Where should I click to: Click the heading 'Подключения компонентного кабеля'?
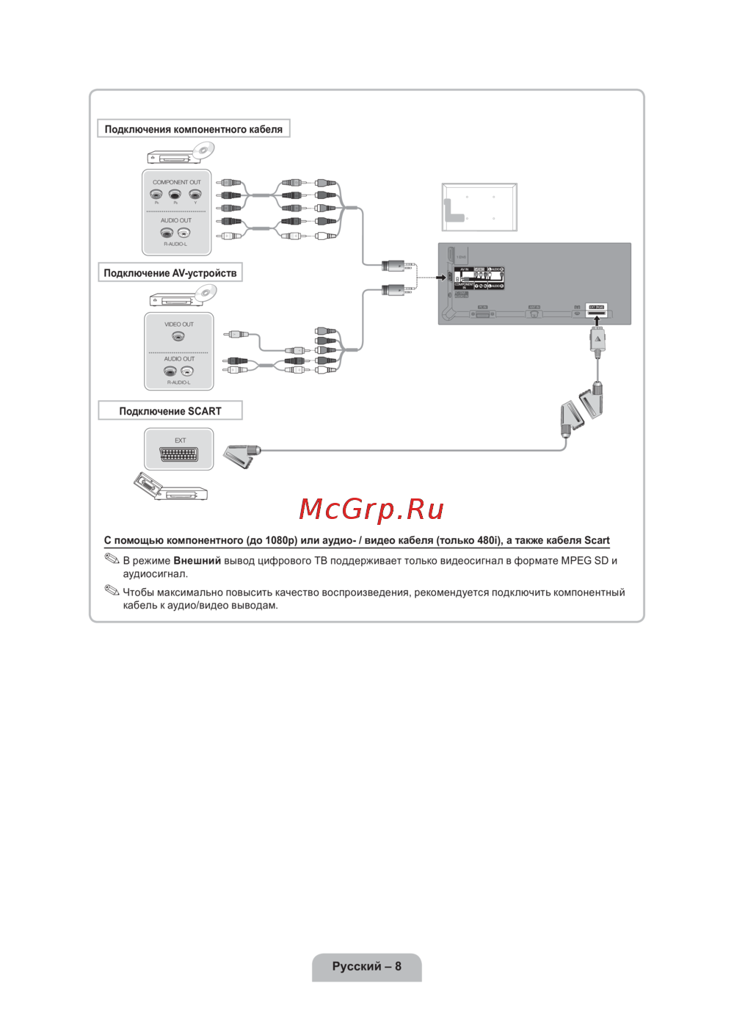coord(193,129)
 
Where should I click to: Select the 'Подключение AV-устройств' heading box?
coord(170,273)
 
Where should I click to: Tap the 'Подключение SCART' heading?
coord(170,411)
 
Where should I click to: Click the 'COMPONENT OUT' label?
coord(176,182)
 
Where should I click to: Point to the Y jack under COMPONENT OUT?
coord(195,195)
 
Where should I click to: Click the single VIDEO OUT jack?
coord(178,336)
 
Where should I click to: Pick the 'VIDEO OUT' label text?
coord(179,324)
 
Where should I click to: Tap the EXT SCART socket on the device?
coord(179,454)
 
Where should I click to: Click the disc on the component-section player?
coord(203,150)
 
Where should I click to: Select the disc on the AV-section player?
coord(206,293)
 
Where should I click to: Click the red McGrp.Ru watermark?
coord(371,509)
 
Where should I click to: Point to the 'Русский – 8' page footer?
coord(367,966)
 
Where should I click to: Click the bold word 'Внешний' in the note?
coord(197,561)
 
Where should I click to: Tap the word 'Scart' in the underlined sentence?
coord(597,540)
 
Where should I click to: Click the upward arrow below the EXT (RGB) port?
coord(597,321)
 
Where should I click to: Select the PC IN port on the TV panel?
coord(482,313)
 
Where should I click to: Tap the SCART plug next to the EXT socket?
coord(242,455)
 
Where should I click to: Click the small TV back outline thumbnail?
coord(479,207)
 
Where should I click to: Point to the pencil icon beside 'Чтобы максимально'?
coord(112,590)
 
